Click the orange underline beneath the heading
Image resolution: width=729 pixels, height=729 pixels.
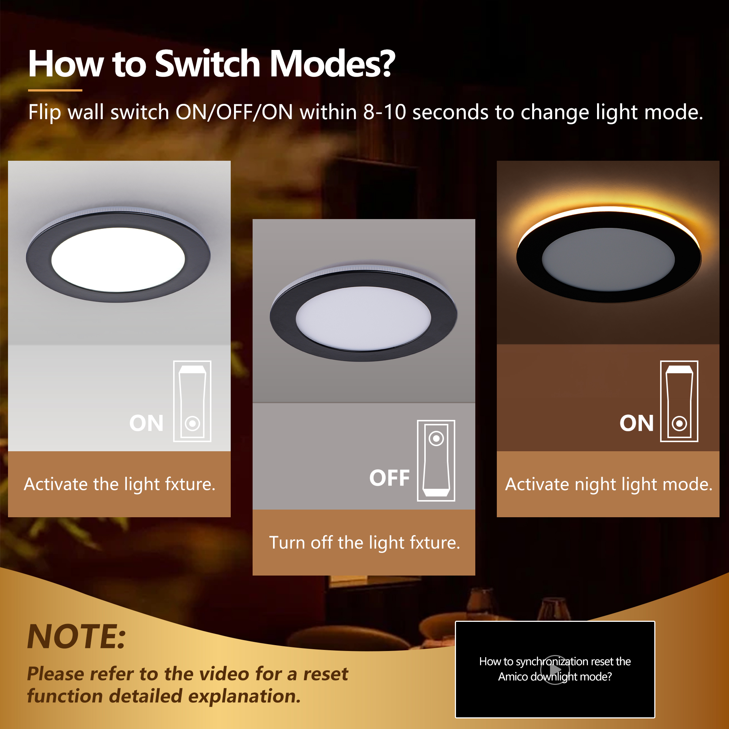(x=55, y=90)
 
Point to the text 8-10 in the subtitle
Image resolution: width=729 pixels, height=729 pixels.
(x=385, y=112)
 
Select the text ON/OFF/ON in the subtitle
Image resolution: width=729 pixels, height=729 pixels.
(x=234, y=112)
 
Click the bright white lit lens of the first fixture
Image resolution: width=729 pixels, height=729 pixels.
(x=118, y=259)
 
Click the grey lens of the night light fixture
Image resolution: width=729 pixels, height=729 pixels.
(x=608, y=259)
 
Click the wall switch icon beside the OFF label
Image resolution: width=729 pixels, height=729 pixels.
(x=436, y=460)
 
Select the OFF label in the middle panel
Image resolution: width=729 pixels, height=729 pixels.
(x=389, y=478)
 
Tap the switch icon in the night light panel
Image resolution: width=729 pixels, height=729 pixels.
(x=679, y=401)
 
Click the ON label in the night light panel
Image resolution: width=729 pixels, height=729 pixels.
(x=636, y=423)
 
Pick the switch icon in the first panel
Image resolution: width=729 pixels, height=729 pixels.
(x=192, y=401)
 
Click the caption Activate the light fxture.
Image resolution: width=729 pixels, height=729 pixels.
(x=120, y=484)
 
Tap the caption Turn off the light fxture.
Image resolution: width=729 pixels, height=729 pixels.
(x=364, y=543)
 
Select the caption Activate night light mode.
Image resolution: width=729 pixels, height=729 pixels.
(x=609, y=484)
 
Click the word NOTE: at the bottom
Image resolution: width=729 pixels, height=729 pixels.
(x=77, y=636)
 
